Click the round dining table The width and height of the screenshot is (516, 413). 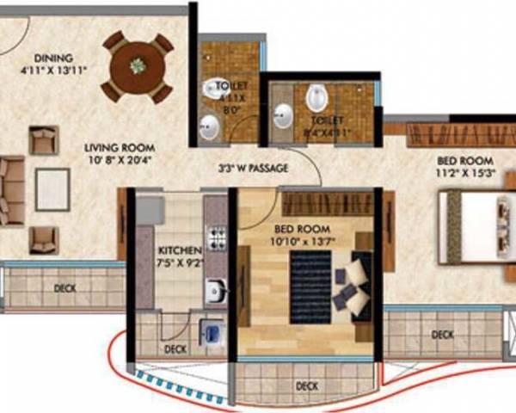(x=137, y=65)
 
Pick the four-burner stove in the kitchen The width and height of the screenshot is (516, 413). (x=218, y=237)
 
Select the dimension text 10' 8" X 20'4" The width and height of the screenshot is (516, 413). (x=121, y=159)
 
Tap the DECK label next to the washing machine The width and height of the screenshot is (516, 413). (x=175, y=348)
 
